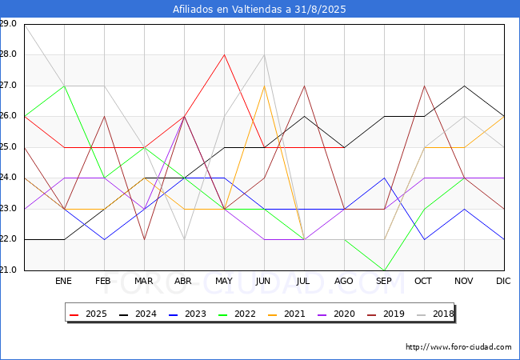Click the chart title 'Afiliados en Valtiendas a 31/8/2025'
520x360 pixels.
(x=259, y=9)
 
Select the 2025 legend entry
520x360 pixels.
(x=89, y=314)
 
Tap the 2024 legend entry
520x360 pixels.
(x=138, y=314)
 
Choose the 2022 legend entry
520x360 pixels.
(x=237, y=314)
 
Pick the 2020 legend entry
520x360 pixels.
(x=336, y=314)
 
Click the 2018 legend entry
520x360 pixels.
(x=435, y=314)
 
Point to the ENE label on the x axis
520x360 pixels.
(x=63, y=281)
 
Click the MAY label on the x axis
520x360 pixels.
(x=224, y=281)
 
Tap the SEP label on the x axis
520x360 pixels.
(x=384, y=281)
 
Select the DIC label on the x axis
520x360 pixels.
(x=503, y=281)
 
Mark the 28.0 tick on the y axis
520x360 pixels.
(x=8, y=54)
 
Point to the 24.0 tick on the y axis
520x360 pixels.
(x=8, y=178)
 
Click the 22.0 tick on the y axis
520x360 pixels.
(x=8, y=239)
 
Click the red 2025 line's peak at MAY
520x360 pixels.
(x=225, y=54)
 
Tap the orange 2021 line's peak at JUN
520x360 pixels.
(x=264, y=86)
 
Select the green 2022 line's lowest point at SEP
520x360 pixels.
(x=384, y=270)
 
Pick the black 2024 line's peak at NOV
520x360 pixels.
(x=464, y=86)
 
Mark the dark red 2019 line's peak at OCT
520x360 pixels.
(x=425, y=86)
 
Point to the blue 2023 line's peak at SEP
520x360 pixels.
(x=384, y=178)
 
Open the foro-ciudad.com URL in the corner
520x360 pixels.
(x=458, y=347)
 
